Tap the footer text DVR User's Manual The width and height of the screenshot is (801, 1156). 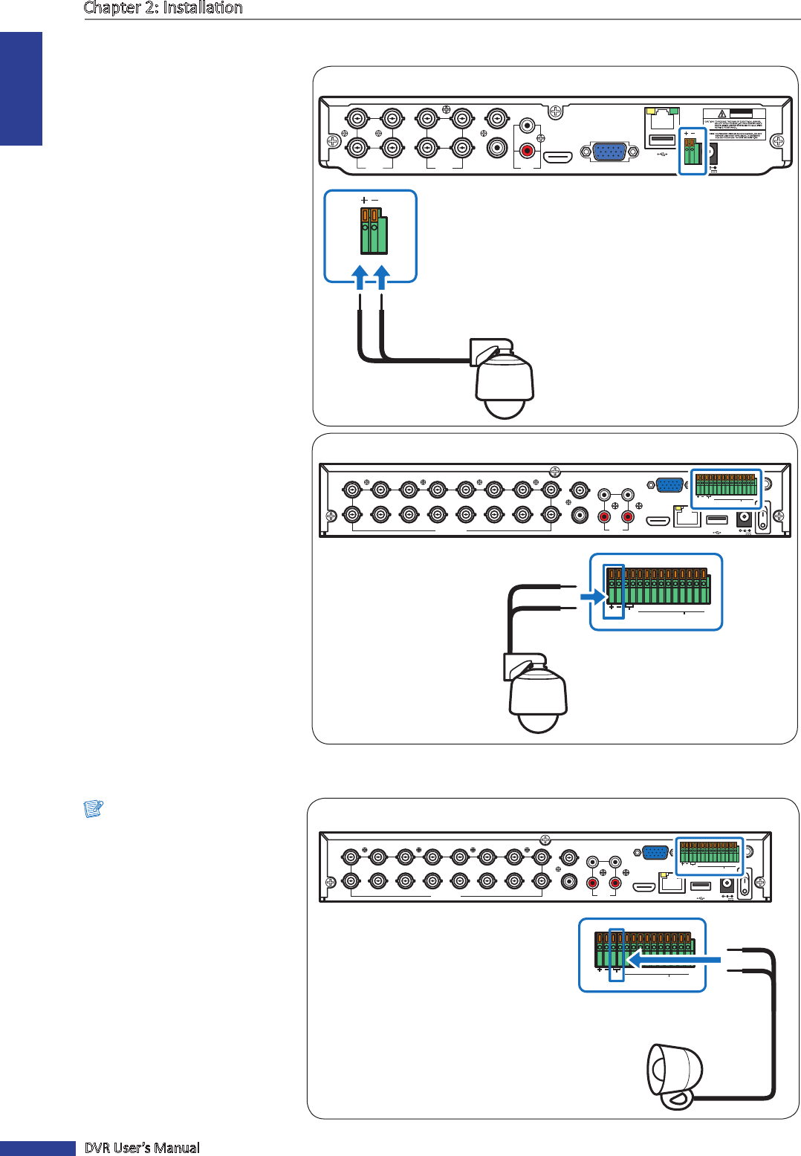tap(142, 1148)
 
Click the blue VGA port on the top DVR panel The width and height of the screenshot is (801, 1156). tap(609, 152)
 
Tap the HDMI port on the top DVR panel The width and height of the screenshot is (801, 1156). tap(557, 157)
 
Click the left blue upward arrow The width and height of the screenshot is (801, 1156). tap(360, 277)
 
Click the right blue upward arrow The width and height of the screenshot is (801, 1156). tap(382, 277)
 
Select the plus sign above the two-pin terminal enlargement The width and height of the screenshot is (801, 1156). tap(364, 200)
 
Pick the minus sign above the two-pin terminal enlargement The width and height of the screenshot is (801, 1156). tap(374, 200)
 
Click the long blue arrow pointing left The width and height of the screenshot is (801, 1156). tap(672, 960)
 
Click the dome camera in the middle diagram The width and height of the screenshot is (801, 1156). tap(537, 695)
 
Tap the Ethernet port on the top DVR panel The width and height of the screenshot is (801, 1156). tap(662, 118)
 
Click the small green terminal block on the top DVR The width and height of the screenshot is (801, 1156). tap(692, 152)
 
